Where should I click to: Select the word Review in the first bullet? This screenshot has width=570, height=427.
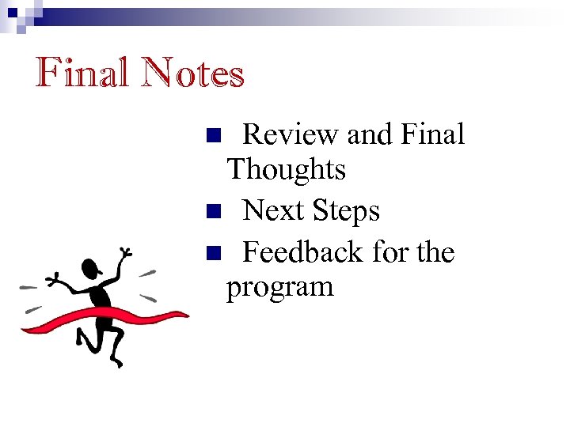click(291, 135)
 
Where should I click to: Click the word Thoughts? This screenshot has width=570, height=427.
click(286, 169)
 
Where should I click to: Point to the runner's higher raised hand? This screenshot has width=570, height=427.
click(124, 255)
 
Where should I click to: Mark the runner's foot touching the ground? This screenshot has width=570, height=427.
click(118, 362)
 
